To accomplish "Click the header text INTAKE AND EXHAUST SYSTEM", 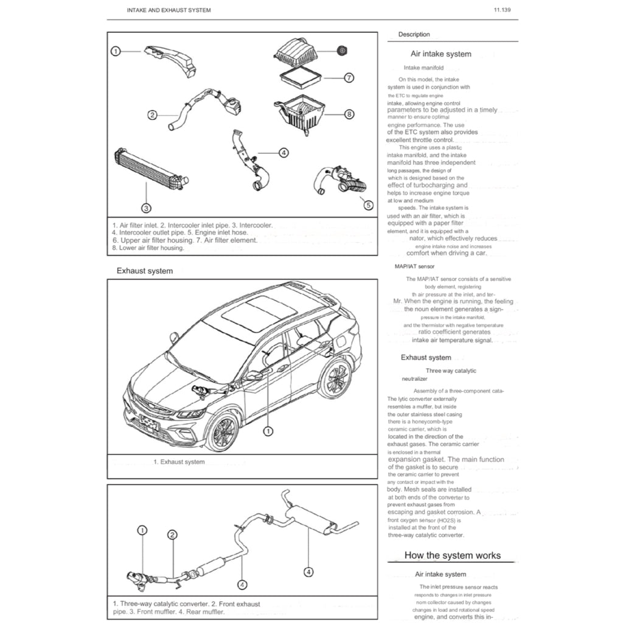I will click(x=169, y=10).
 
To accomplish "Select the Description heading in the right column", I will click(x=414, y=35).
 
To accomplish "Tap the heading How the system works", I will click(x=453, y=555).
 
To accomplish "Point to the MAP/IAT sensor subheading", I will click(x=414, y=266).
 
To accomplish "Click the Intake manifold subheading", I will click(x=423, y=68).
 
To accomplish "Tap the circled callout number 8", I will click(x=349, y=114).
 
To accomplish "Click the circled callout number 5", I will click(x=368, y=206).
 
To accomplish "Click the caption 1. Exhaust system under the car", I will click(x=179, y=462).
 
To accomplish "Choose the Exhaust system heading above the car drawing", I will click(x=144, y=271).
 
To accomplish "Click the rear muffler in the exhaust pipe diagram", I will click(x=310, y=519).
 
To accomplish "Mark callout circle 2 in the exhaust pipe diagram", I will click(x=172, y=535).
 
